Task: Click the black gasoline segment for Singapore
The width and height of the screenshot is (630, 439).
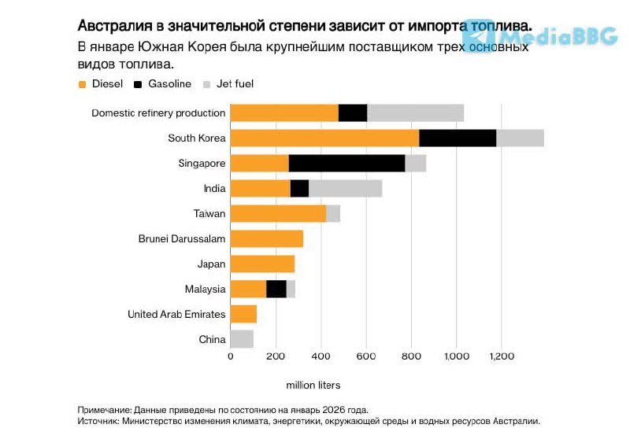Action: pos(346,164)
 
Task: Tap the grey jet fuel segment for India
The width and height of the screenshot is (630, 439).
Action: pos(345,189)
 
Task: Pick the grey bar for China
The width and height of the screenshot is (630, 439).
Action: pos(242,340)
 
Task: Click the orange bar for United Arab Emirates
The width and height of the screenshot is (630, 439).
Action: pos(243,315)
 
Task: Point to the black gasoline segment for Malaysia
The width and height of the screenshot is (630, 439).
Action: pos(276,289)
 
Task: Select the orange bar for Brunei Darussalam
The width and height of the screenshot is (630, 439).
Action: pos(266,239)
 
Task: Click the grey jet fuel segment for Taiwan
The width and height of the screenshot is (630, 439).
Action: pos(333,213)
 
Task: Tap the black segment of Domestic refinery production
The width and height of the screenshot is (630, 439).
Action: pos(353,113)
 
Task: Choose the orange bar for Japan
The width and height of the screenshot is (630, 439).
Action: pos(262,264)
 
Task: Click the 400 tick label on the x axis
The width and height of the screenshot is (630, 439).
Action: pos(321,356)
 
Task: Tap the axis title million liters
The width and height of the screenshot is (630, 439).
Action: pos(313,385)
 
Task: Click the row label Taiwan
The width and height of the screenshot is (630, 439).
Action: pos(209,214)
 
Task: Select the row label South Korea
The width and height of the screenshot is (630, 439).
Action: pos(197,138)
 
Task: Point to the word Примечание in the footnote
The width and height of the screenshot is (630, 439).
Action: pos(104,410)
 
